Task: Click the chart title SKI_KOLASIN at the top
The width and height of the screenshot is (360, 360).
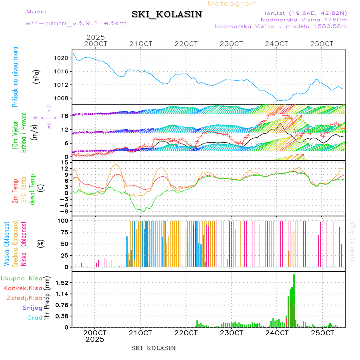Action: (166, 14)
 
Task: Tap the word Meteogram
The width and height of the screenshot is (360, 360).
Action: (233, 4)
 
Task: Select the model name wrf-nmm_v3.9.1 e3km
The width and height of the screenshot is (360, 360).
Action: (76, 23)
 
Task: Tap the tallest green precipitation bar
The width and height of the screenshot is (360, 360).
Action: (294, 300)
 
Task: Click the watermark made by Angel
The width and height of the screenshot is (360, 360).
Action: (352, 240)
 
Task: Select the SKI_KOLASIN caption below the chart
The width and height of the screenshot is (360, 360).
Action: (154, 348)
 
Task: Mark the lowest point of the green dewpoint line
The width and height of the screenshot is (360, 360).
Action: (142, 212)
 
